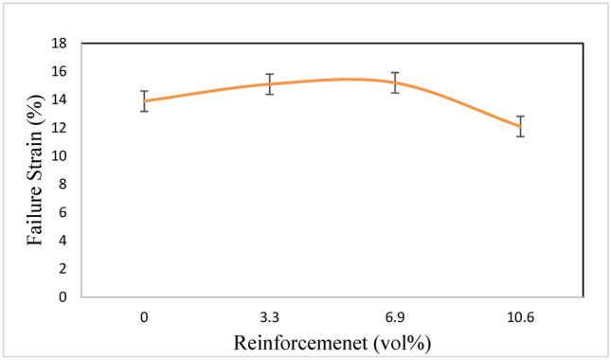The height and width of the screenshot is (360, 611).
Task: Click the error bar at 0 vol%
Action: point(144,101)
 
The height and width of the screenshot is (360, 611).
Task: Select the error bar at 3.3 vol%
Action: point(269,84)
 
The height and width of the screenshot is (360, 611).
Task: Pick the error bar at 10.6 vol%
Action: point(519,126)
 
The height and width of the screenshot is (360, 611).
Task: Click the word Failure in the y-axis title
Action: point(35,216)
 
